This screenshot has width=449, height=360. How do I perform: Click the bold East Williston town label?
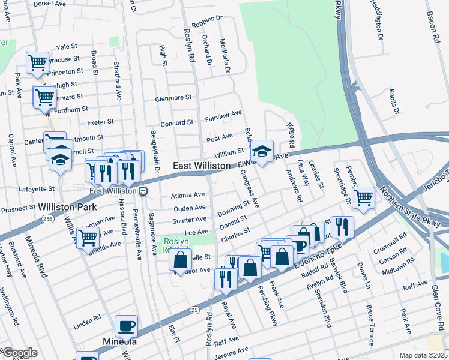(x=200, y=165)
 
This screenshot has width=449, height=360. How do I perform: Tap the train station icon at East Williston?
(x=143, y=191)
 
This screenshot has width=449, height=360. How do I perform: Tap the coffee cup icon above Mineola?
(x=126, y=325)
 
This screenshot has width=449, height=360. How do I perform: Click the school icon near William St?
(x=262, y=151)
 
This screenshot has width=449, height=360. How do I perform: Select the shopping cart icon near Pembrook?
(x=363, y=197)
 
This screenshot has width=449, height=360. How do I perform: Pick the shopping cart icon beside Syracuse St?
(x=37, y=61)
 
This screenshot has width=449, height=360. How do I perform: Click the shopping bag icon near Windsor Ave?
(x=180, y=260)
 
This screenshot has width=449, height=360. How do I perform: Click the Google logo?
(x=20, y=353)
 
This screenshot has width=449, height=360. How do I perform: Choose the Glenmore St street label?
(x=173, y=97)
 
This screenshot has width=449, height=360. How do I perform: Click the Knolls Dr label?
(x=393, y=101)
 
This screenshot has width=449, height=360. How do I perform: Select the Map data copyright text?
(x=424, y=355)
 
